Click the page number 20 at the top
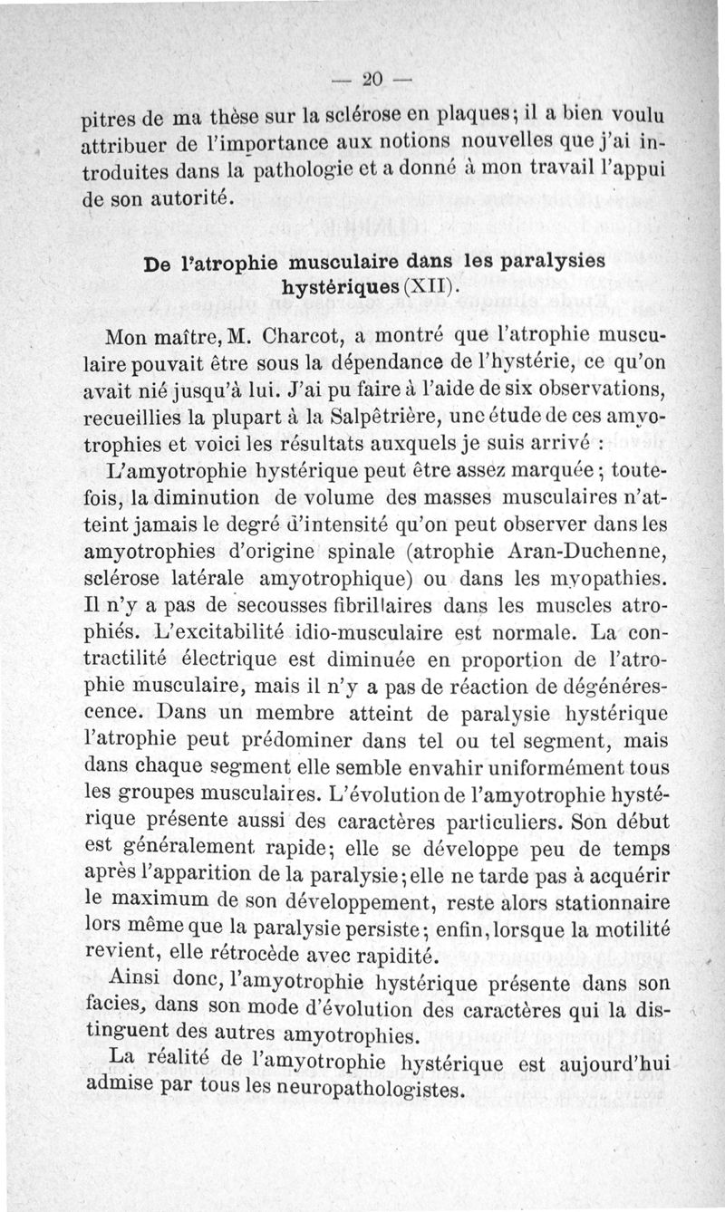(x=372, y=78)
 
